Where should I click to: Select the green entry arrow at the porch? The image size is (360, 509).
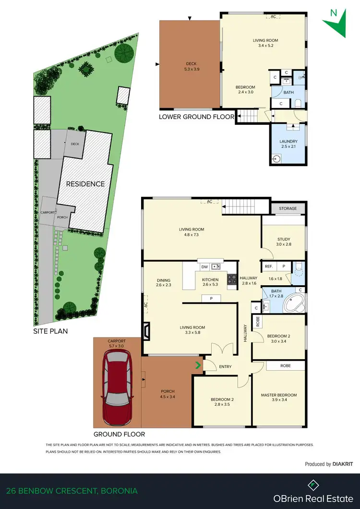pyautogui.click(x=197, y=366)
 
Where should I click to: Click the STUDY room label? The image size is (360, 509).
pyautogui.click(x=284, y=239)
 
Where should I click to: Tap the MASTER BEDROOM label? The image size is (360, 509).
pyautogui.click(x=279, y=395)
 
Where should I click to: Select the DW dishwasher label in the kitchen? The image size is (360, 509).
pyautogui.click(x=204, y=266)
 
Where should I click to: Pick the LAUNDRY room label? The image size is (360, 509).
pyautogui.click(x=288, y=141)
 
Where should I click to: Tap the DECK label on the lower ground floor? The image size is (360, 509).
pyautogui.click(x=191, y=64)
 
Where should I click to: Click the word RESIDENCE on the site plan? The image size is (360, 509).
pyautogui.click(x=85, y=184)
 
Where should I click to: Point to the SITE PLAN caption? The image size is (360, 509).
pyautogui.click(x=50, y=331)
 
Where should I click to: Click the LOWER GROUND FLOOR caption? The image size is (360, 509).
pyautogui.click(x=197, y=117)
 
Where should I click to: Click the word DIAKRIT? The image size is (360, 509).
pyautogui.click(x=344, y=464)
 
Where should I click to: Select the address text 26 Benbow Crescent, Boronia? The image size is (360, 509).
pyautogui.click(x=72, y=491)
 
